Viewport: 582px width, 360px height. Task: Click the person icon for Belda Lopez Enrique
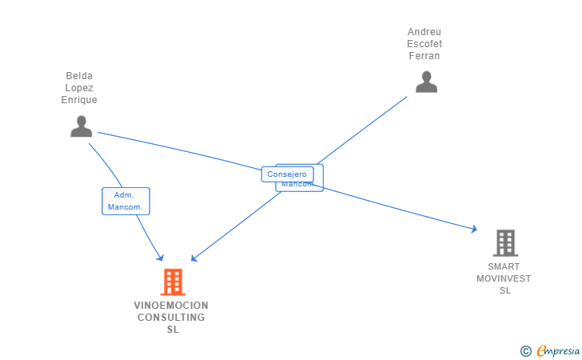[82, 126]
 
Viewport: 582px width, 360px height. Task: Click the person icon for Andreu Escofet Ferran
[426, 82]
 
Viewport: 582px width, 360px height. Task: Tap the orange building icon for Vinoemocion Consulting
[173, 282]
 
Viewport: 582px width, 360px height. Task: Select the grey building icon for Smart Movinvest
[504, 243]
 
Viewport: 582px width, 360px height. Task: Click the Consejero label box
[287, 174]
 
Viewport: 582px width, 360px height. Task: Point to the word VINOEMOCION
[171, 306]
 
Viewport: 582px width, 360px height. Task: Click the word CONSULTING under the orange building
[171, 318]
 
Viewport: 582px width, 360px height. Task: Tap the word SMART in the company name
[504, 266]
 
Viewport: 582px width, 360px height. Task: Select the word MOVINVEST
[504, 278]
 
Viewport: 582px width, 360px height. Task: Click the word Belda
[79, 76]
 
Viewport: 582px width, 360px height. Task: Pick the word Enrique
[79, 100]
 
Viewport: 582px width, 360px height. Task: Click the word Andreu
[425, 32]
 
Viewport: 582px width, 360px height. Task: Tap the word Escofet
[425, 44]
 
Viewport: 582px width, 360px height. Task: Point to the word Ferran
[425, 56]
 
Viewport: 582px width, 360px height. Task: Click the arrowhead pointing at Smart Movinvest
[474, 230]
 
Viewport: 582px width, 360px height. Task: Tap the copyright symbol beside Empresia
[525, 350]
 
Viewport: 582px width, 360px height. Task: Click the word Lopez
[79, 88]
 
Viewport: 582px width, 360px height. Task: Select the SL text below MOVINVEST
[504, 290]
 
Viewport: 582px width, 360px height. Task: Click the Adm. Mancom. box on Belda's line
[126, 201]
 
